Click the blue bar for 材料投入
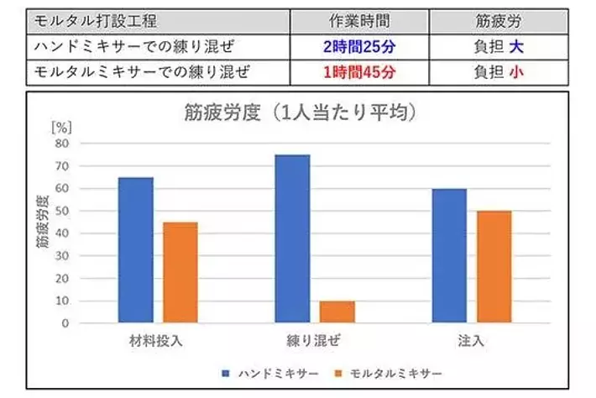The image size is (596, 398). [x=135, y=249]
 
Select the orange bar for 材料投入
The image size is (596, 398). [x=180, y=272]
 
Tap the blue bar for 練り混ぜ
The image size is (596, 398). [x=292, y=238]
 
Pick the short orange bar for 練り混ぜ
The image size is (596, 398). [x=337, y=312]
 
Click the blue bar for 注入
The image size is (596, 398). [x=449, y=255]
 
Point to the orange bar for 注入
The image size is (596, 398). [x=494, y=266]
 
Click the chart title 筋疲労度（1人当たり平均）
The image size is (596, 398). [x=301, y=112]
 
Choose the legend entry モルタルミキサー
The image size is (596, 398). [x=389, y=372]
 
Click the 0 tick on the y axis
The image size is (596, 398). [x=64, y=323]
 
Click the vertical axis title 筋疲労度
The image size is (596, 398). [x=41, y=223]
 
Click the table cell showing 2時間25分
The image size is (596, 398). [x=359, y=47]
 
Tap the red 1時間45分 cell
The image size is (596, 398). [x=359, y=72]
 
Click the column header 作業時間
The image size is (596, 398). [x=359, y=22]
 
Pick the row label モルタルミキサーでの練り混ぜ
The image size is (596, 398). [x=141, y=72]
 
